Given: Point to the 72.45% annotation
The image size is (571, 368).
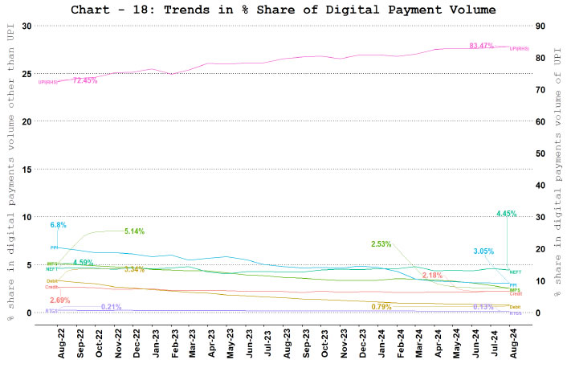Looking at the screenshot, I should (x=84, y=80).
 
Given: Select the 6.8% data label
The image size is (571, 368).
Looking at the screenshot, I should (x=59, y=225).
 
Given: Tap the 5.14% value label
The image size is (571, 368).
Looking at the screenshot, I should (x=133, y=231).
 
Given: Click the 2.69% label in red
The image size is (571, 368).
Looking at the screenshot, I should (x=60, y=300).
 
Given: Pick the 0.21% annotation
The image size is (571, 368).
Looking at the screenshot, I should (x=112, y=307).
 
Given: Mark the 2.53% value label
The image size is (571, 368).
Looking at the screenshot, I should (x=381, y=243).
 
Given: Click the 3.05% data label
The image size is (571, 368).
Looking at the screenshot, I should (x=483, y=251).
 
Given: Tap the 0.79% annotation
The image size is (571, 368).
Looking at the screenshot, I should (x=381, y=307).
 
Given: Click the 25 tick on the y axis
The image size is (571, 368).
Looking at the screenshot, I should (x=27, y=74).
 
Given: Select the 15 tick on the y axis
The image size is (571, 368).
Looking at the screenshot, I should (x=27, y=170).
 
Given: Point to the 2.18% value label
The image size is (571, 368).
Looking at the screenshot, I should (x=432, y=276).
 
